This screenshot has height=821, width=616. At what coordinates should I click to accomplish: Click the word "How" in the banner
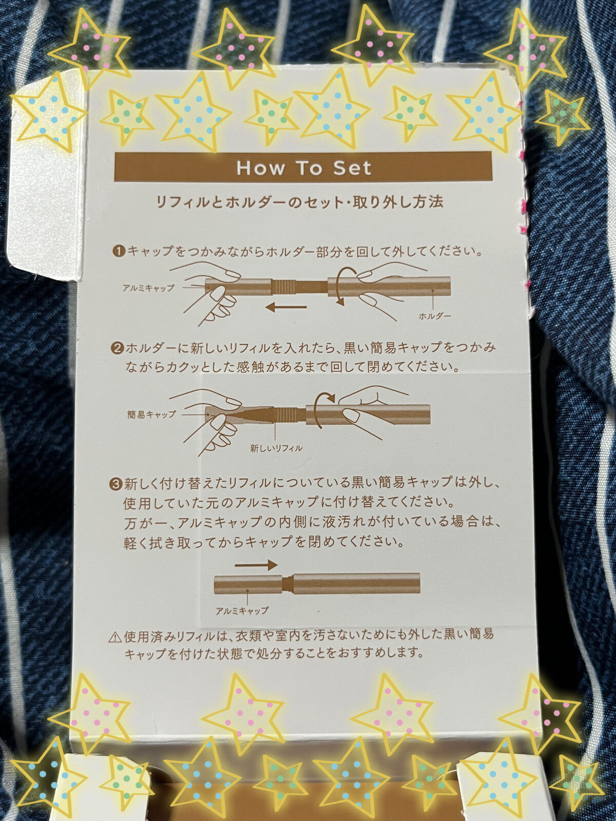click(261, 169)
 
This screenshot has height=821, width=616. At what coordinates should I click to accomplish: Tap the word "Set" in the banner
click(352, 169)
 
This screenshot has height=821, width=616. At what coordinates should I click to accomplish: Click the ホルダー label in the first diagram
click(435, 316)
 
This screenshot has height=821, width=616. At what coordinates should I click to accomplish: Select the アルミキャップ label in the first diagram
click(148, 288)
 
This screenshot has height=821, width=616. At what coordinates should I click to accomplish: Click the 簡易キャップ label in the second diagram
click(151, 415)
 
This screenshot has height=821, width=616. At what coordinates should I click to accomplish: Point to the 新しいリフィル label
click(276, 448)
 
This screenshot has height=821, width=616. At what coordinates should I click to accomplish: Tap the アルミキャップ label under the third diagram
click(242, 611)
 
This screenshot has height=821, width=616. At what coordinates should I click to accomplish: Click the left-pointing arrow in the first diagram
click(286, 307)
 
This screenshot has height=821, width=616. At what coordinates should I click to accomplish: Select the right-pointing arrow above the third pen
click(256, 565)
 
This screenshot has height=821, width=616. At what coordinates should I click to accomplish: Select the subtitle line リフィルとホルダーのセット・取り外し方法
click(299, 202)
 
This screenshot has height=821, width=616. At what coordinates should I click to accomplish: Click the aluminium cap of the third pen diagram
click(248, 584)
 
